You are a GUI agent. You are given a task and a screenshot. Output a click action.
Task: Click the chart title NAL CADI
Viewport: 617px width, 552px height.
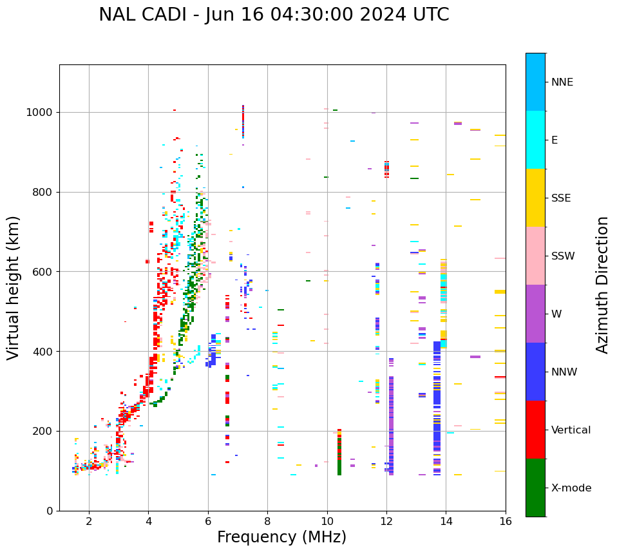click(274, 15)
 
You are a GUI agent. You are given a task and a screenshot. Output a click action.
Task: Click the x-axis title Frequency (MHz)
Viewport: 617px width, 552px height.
click(281, 537)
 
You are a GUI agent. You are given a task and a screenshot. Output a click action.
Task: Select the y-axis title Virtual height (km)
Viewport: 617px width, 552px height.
click(14, 287)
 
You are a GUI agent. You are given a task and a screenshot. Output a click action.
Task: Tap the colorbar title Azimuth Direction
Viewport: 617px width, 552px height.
click(602, 284)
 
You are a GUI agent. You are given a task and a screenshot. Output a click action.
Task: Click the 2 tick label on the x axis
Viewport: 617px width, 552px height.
click(89, 520)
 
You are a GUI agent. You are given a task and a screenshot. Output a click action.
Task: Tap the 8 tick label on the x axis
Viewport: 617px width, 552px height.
click(267, 520)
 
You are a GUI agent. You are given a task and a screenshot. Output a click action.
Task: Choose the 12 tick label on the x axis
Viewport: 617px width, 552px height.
click(386, 520)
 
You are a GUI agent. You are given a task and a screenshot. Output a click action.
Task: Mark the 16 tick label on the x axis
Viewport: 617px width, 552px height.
click(506, 520)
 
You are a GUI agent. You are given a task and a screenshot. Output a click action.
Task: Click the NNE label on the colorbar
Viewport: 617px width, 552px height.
click(562, 82)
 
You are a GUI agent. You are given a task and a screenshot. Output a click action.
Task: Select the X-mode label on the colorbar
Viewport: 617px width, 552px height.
click(571, 488)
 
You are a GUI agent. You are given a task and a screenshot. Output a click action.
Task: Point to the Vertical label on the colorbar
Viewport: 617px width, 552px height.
click(571, 430)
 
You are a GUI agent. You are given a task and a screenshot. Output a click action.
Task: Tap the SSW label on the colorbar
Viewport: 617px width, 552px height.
click(563, 256)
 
